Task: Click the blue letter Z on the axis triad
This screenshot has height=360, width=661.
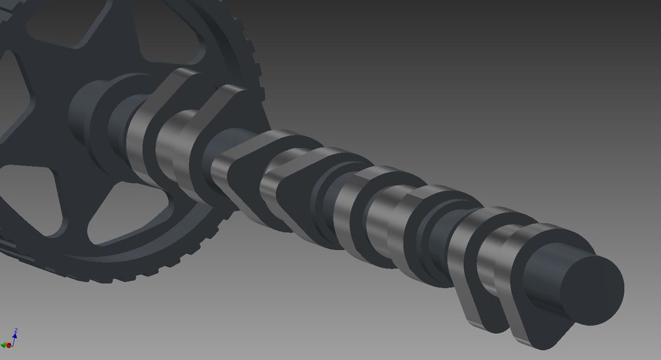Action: coord(15,330)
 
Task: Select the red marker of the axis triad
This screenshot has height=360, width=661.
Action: coord(4,345)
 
